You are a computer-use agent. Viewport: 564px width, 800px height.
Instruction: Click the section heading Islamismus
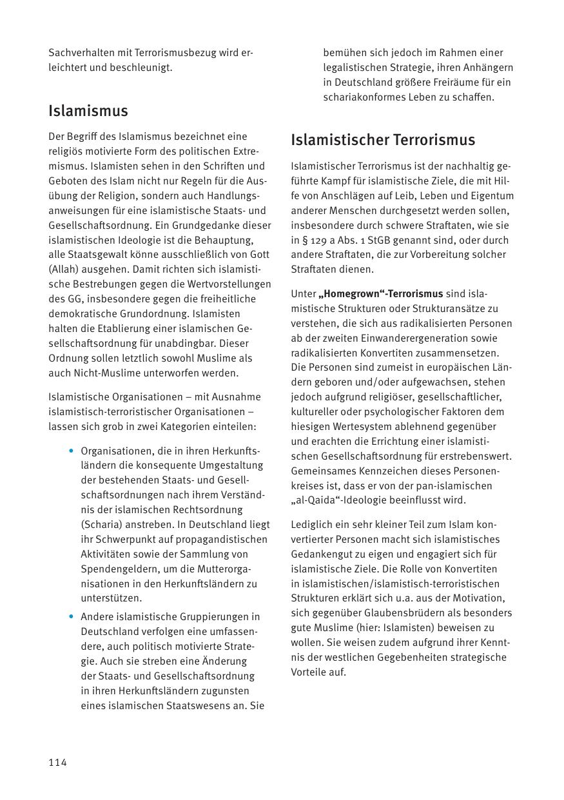[x=88, y=111]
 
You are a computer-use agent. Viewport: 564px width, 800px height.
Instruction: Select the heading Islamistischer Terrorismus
[x=383, y=140]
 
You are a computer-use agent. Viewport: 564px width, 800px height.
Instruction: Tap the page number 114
[x=57, y=763]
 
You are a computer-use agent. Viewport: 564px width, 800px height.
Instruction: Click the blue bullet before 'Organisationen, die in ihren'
[x=71, y=451]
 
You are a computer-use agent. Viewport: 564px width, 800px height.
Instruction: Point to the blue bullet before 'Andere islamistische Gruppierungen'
[x=71, y=617]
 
